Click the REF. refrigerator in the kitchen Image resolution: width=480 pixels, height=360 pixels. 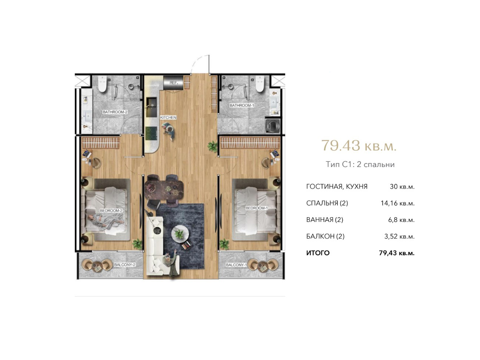coord(173,83)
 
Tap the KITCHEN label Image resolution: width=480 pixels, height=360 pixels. coord(168,118)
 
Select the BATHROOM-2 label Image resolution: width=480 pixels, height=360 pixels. coord(115,112)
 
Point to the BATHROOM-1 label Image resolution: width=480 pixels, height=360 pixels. coord(242,105)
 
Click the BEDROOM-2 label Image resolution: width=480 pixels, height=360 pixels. coord(111,211)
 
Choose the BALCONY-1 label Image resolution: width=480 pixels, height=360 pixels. coord(236,265)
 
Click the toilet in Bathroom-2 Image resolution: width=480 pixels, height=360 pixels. coord(102,84)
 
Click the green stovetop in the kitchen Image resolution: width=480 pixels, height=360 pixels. coord(151,133)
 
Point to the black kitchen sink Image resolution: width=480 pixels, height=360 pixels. coord(152,107)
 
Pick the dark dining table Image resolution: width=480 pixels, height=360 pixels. coord(164,189)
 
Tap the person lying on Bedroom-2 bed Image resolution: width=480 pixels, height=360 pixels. coord(106,221)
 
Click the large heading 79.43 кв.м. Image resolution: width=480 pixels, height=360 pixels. coord(359,145)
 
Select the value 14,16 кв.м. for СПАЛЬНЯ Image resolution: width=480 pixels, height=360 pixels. coord(398,203)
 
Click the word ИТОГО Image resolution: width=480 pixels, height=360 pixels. coord(318,253)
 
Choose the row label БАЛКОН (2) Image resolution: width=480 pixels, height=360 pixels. coord(325,236)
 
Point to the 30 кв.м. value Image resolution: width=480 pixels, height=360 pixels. coord(402,187)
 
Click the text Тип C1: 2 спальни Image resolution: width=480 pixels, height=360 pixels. coord(360,164)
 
